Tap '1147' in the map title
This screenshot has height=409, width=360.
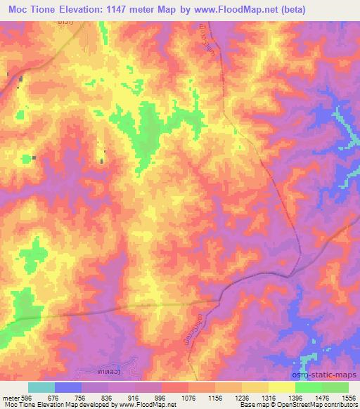coord(133,9)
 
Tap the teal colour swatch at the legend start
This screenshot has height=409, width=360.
coord(41,387)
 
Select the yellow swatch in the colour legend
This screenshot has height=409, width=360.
coord(282,387)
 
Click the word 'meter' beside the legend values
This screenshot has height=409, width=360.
coord(11,398)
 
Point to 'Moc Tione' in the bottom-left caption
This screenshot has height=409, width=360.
coord(16,405)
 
